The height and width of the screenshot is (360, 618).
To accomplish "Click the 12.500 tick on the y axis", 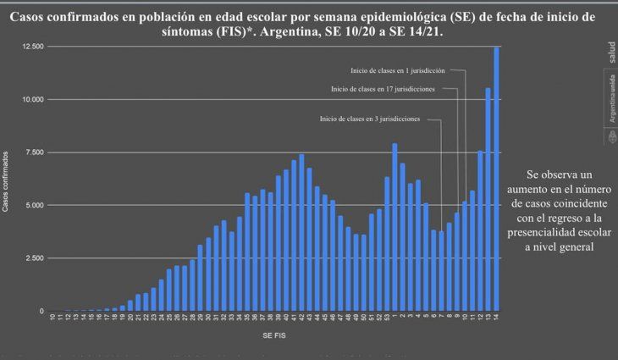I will (32, 47).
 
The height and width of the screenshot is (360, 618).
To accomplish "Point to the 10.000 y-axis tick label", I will (32, 100).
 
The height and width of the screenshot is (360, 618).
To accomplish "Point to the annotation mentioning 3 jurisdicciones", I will (370, 119).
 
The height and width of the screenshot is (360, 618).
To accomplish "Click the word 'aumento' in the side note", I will (543, 189).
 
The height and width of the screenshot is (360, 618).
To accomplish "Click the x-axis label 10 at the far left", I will (52, 318).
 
